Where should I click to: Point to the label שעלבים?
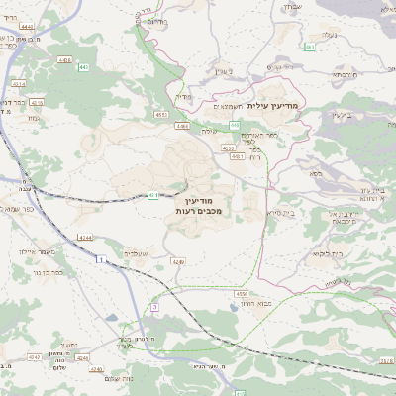point(137,252)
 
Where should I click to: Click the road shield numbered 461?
point(310,46)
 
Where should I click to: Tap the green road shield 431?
point(154,195)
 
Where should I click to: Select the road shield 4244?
point(86,237)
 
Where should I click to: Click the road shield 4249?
point(178,261)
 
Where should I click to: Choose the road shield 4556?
point(242,294)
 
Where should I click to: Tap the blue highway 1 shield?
point(101,259)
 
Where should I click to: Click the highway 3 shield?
point(155,307)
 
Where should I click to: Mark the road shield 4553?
point(160,115)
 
